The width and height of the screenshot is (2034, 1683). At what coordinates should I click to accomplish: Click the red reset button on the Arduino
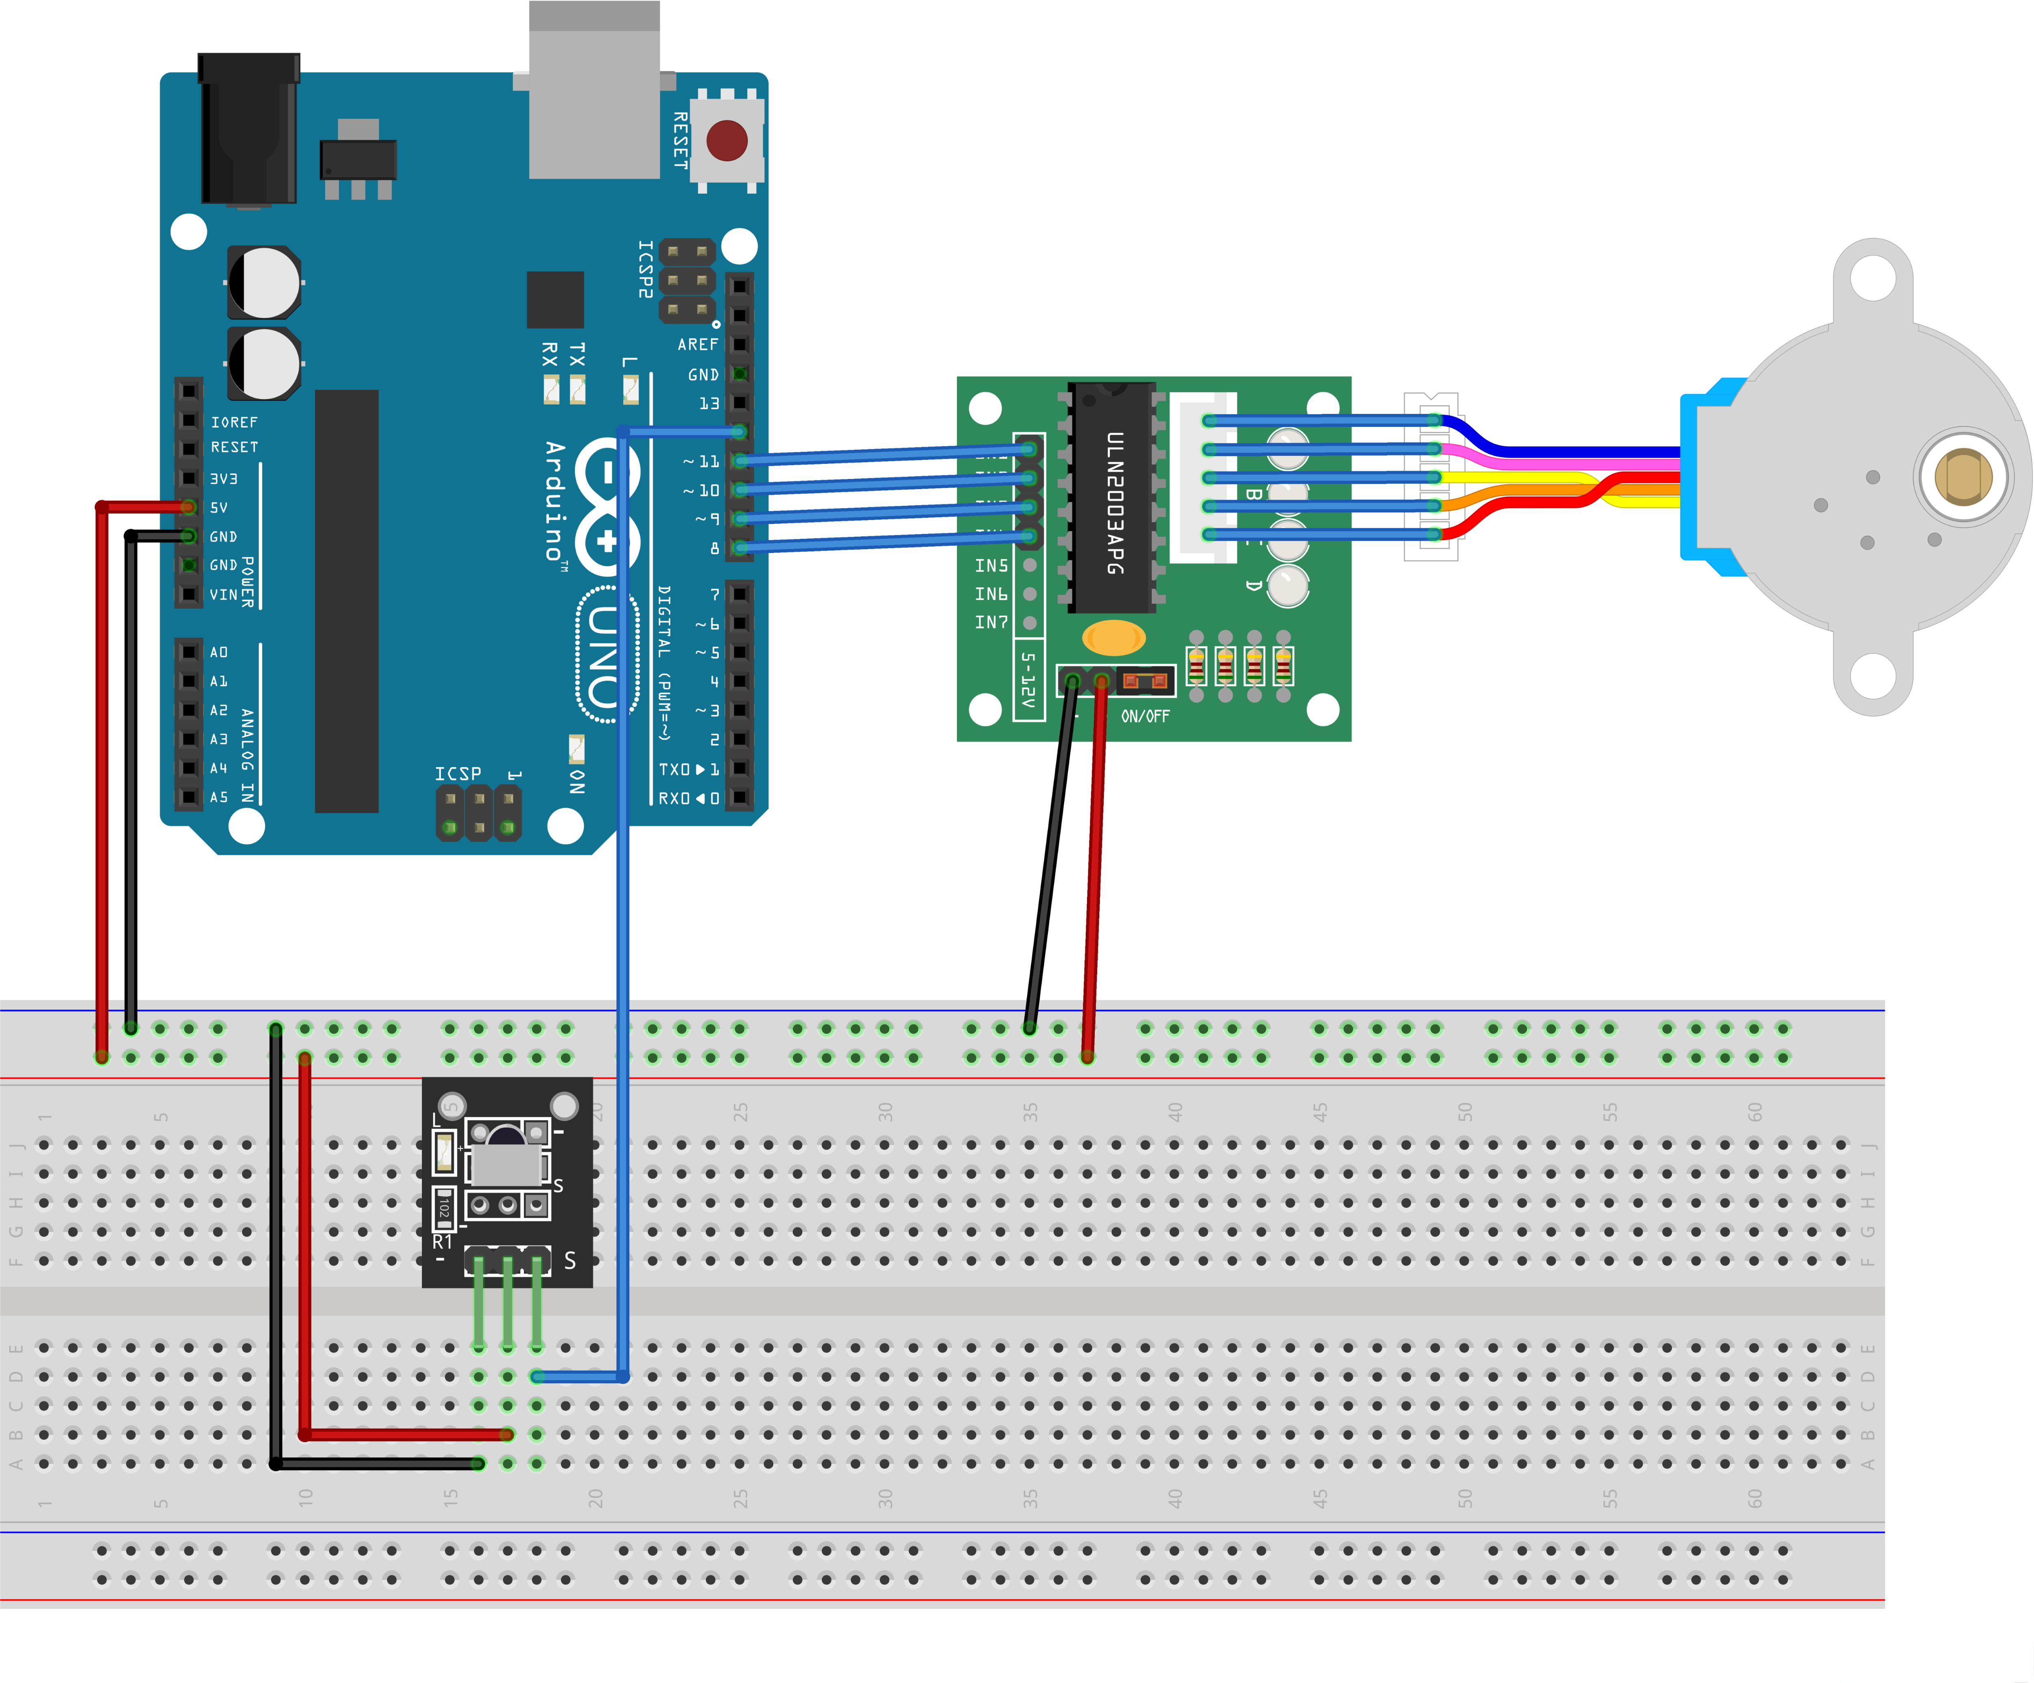(727, 140)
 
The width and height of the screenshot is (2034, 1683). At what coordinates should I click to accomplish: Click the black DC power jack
(248, 131)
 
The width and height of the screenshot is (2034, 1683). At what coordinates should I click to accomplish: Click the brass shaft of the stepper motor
(1962, 477)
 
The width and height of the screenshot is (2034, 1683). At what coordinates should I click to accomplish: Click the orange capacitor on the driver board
(1114, 638)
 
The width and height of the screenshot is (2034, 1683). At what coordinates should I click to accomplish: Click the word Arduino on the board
(555, 501)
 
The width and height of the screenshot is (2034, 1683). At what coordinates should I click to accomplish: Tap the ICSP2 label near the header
(645, 269)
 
